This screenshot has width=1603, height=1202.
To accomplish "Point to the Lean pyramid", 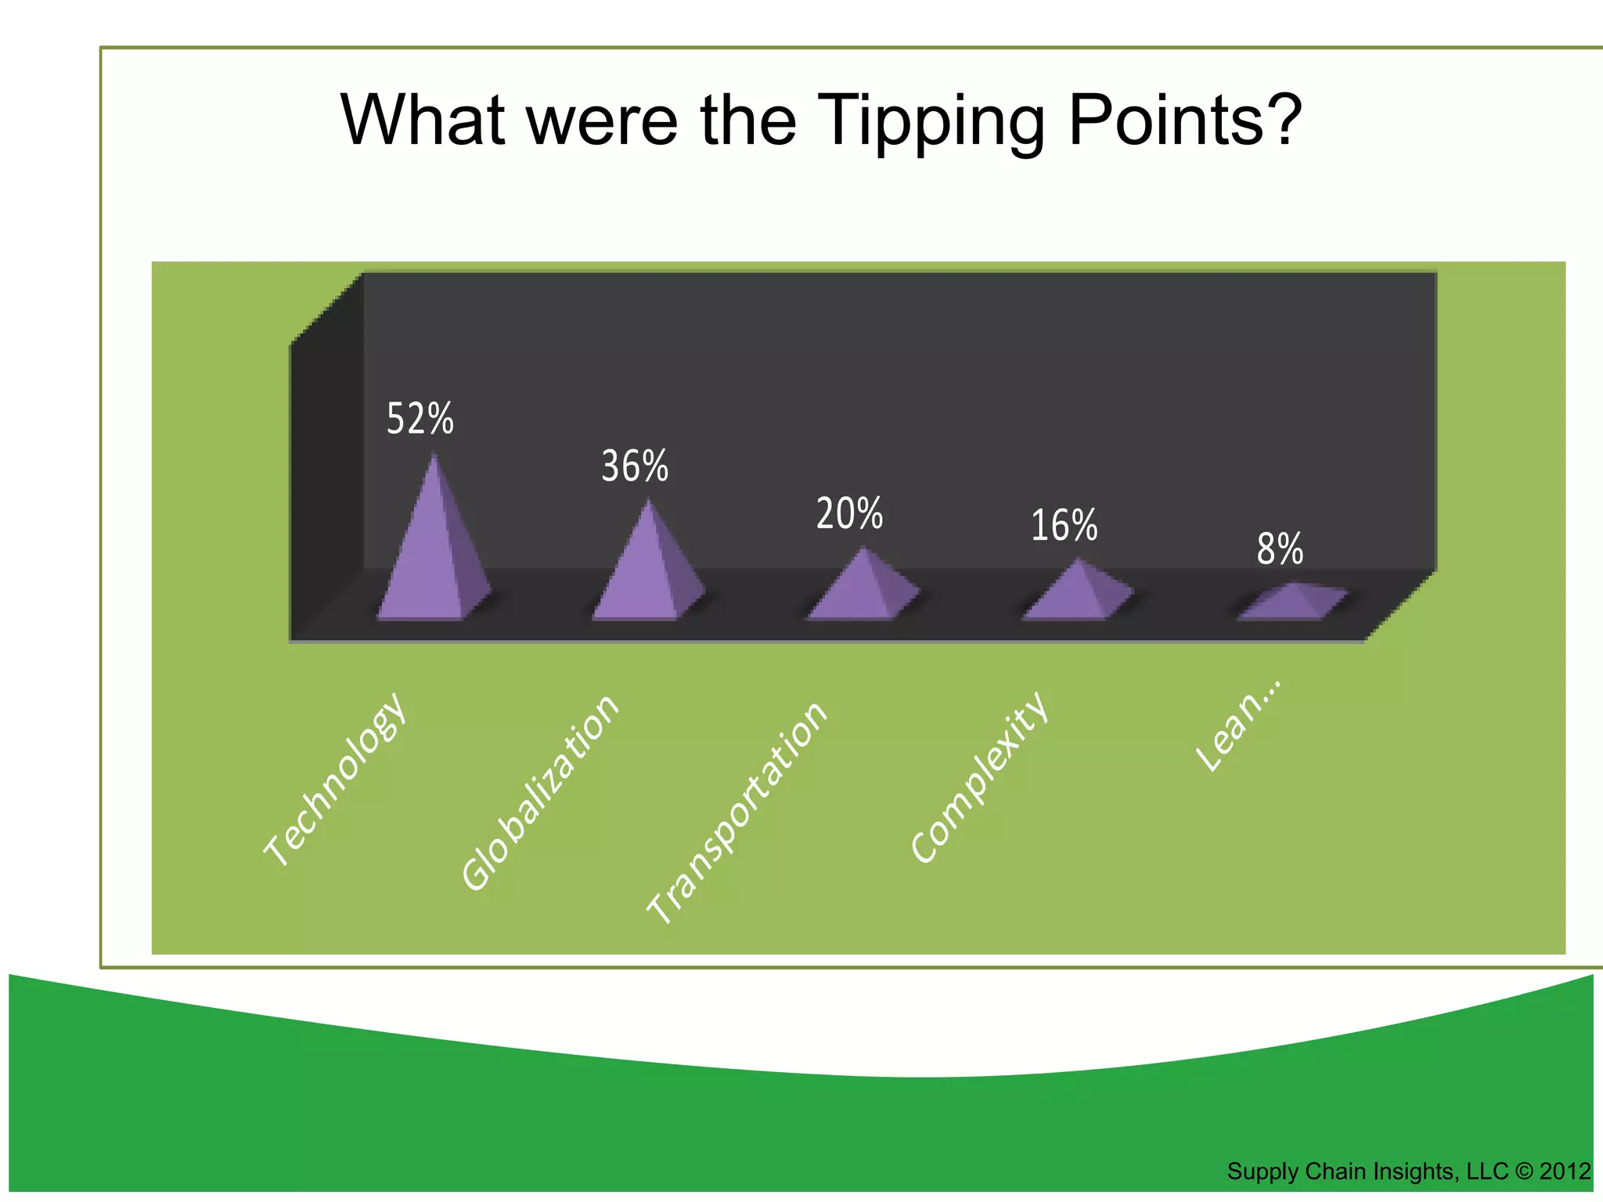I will click(1291, 604).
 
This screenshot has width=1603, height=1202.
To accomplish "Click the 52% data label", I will click(420, 419).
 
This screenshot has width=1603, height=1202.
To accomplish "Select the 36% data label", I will click(635, 466).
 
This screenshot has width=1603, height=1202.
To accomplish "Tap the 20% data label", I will click(849, 514).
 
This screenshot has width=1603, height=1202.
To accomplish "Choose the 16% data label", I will click(1064, 526).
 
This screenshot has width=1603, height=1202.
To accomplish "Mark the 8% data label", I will click(1280, 549).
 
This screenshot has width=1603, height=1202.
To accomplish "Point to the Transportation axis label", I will click(737, 812).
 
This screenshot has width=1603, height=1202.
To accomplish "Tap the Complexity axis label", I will click(979, 777).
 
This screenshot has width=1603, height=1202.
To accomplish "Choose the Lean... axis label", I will click(1239, 725).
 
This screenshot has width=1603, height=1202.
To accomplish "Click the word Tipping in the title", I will click(935, 122).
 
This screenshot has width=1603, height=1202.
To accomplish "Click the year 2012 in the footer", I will click(1565, 1171).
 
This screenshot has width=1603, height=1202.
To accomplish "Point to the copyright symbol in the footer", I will click(1523, 1171).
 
